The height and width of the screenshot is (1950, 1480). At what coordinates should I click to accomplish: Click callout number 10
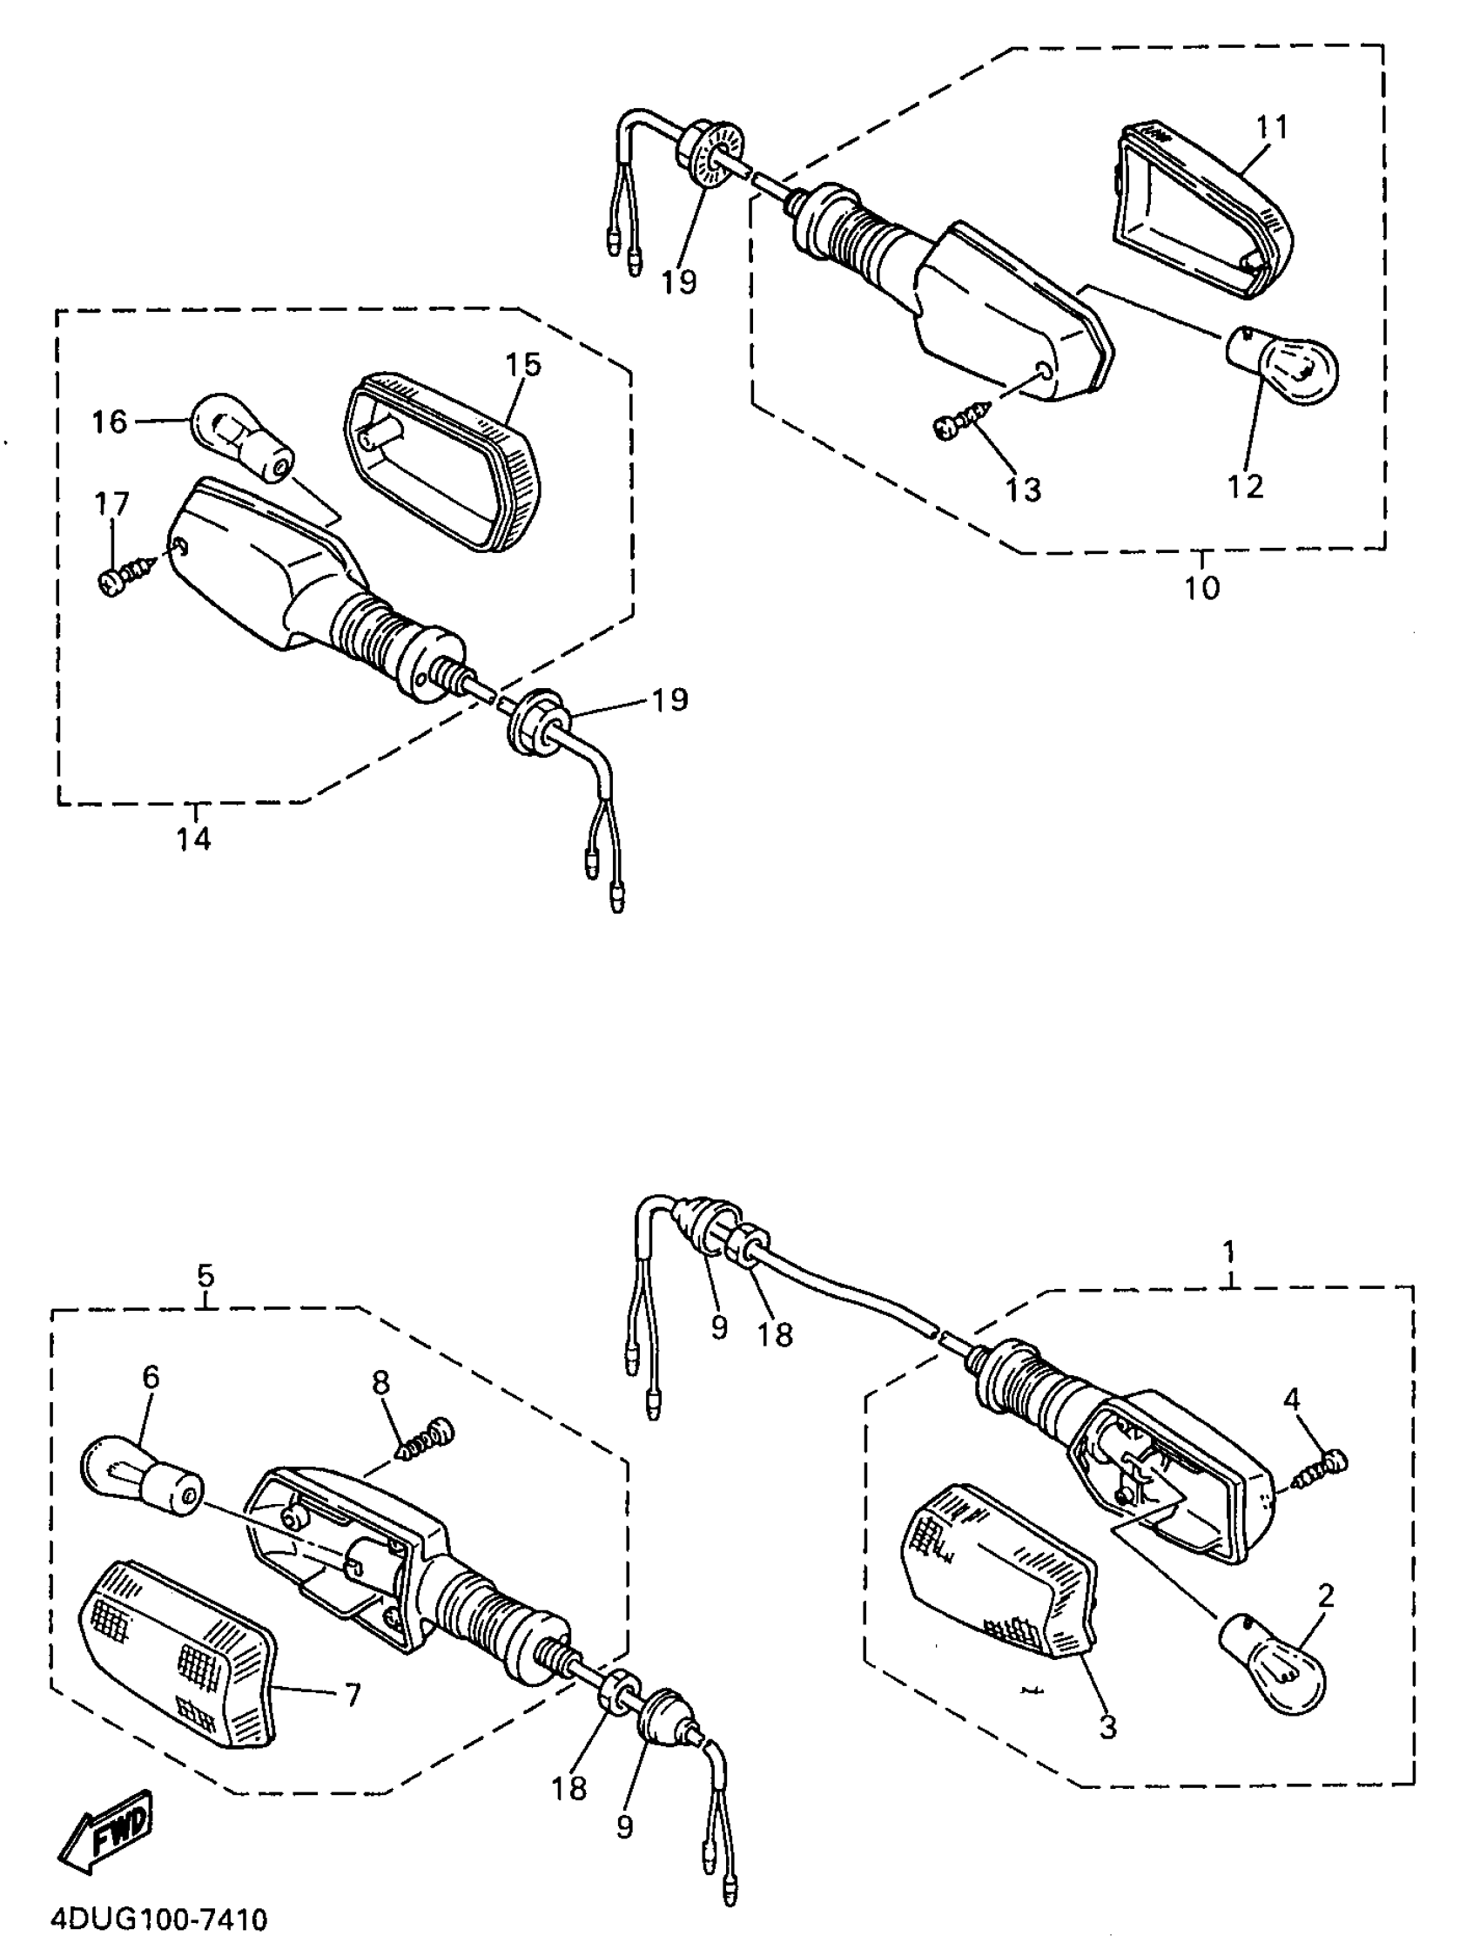pyautogui.click(x=1201, y=586)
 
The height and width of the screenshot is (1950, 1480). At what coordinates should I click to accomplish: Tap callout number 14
pyautogui.click(x=193, y=838)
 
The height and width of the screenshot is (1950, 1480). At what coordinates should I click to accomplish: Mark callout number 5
pyautogui.click(x=205, y=1275)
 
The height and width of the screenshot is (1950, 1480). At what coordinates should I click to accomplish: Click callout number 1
pyautogui.click(x=1228, y=1251)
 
